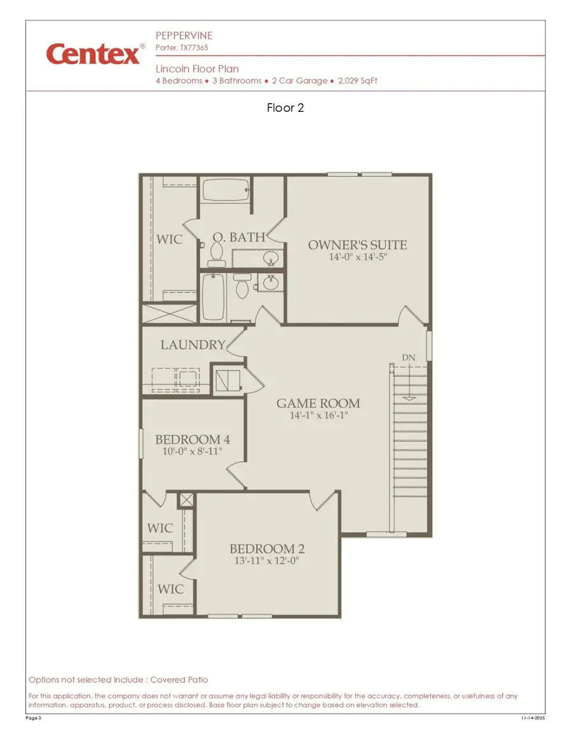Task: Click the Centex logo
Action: [93, 54]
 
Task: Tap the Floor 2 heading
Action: [285, 108]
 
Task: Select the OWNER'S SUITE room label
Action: [357, 245]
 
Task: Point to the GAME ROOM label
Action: [318, 404]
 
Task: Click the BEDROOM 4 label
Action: [193, 440]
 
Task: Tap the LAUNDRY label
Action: [193, 345]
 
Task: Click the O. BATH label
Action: [238, 238]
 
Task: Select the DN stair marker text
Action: [408, 358]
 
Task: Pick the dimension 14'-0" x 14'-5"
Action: [357, 257]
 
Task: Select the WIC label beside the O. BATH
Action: [169, 240]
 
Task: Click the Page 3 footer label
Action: [34, 718]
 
